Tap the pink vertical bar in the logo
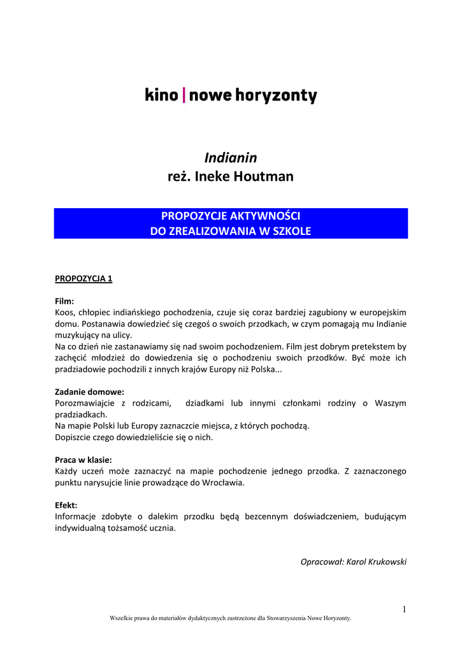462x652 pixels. pyautogui.click(x=184, y=96)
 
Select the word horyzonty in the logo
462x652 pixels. pyautogui.click(x=276, y=97)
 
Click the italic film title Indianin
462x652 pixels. pyautogui.click(x=231, y=157)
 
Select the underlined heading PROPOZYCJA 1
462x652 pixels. pyautogui.click(x=83, y=278)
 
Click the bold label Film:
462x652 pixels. pyautogui.click(x=64, y=301)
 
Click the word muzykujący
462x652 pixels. pyautogui.click(x=78, y=335)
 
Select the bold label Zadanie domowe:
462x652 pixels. pyautogui.click(x=89, y=392)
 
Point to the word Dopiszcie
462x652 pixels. pyautogui.click(x=75, y=437)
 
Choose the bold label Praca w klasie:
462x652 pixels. pyautogui.click(x=83, y=460)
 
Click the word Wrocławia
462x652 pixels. pyautogui.click(x=222, y=483)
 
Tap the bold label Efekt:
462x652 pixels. pyautogui.click(x=66, y=506)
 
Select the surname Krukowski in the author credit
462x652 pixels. pyautogui.click(x=385, y=562)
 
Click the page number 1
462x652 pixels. pyautogui.click(x=404, y=609)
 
